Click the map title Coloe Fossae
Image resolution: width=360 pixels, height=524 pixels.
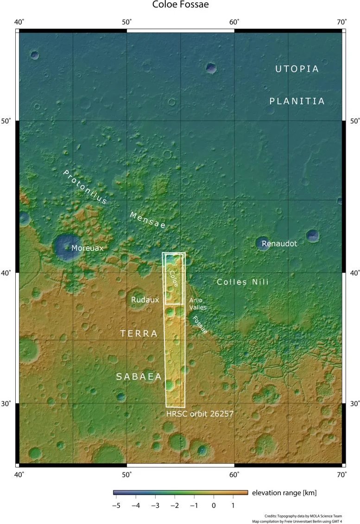click(x=180, y=6)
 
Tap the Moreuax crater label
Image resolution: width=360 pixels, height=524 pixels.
click(x=87, y=249)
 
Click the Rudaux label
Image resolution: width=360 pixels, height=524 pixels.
click(x=145, y=300)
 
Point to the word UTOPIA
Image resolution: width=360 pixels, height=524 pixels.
click(x=297, y=69)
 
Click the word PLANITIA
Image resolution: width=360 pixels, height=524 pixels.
click(x=297, y=101)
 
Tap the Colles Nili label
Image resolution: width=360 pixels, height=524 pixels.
click(x=242, y=282)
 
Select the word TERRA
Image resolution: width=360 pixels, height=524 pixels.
click(x=139, y=334)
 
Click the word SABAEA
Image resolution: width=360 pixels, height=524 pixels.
click(x=139, y=377)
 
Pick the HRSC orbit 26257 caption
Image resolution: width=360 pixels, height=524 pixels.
click(x=199, y=413)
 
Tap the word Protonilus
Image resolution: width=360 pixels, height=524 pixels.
click(x=85, y=187)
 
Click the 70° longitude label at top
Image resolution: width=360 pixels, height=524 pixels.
click(x=342, y=22)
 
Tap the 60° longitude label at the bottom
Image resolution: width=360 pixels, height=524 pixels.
click(x=234, y=474)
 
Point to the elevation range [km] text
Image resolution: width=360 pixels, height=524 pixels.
click(x=284, y=492)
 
